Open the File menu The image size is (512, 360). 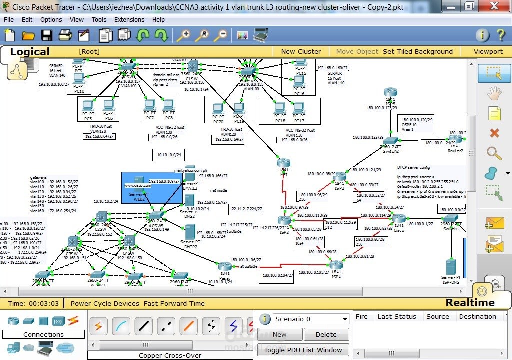coord(9,20)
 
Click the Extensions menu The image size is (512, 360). coord(129,20)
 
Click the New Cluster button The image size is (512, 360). coord(301,51)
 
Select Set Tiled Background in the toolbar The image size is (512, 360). coord(417,51)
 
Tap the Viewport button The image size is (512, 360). coord(488,51)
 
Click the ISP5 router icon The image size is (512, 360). coord(390,93)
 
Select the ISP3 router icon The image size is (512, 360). coord(340,176)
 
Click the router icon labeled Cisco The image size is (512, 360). coord(399,218)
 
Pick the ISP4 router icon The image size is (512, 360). coord(336,264)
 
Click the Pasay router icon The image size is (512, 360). coord(225,266)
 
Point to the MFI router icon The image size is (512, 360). coord(284,163)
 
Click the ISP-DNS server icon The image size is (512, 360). coord(451,266)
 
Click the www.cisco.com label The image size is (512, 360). coord(137,186)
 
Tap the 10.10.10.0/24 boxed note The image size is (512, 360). coord(168,155)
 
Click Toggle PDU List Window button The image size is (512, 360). coord(303,350)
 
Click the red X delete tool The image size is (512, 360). coord(494,133)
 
